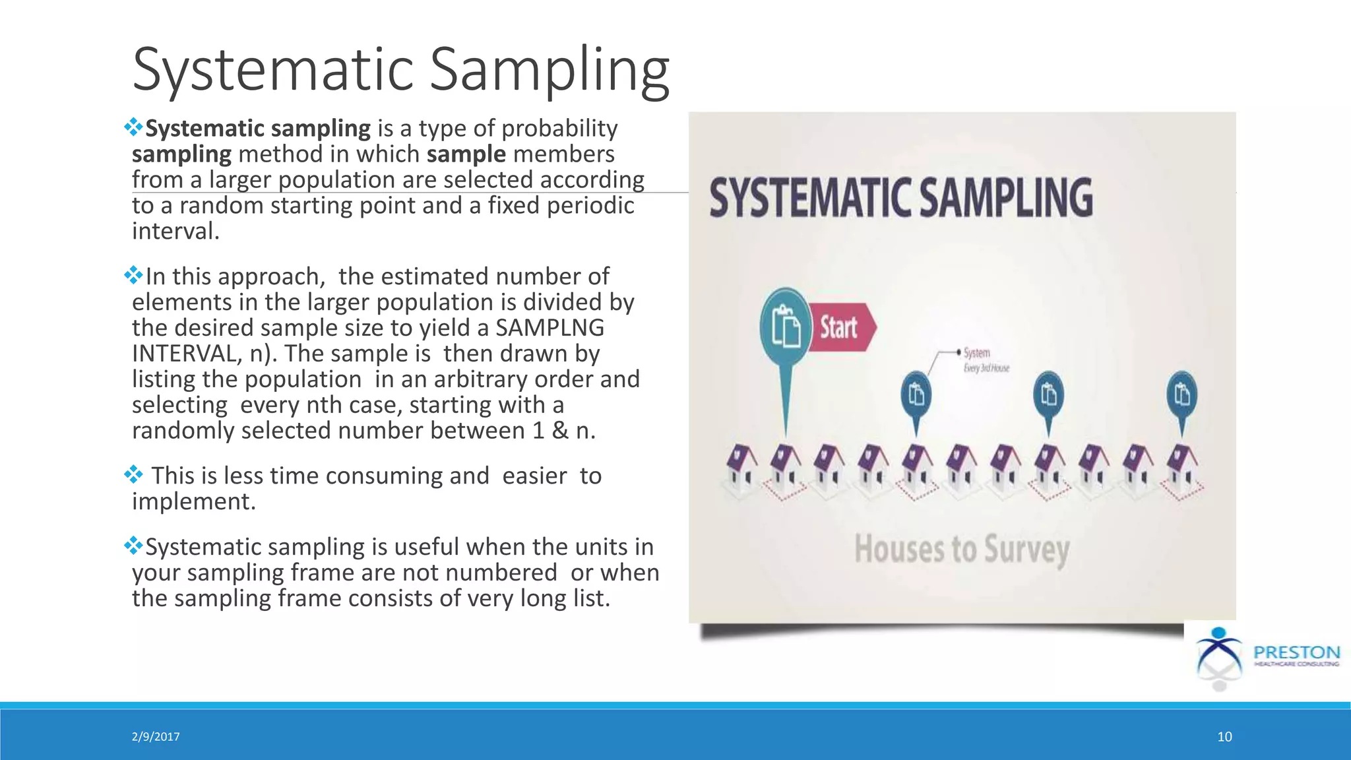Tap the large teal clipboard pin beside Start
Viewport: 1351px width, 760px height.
785,325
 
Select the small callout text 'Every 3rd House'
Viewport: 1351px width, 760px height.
986,368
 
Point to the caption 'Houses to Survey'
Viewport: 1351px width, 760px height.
961,550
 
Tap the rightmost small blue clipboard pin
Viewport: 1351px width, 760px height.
1181,395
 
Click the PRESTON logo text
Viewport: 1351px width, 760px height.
1296,652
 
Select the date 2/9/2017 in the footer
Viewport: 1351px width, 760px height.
156,737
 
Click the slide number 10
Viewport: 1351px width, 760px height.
1224,737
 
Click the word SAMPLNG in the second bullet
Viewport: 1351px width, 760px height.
550,328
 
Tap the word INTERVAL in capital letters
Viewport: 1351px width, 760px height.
183,354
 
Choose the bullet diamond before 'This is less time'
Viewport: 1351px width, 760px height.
133,474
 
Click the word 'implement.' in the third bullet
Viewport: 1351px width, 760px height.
193,501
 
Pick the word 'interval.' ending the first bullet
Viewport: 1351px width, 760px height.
175,231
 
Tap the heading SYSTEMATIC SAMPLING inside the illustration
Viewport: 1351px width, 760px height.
900,197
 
